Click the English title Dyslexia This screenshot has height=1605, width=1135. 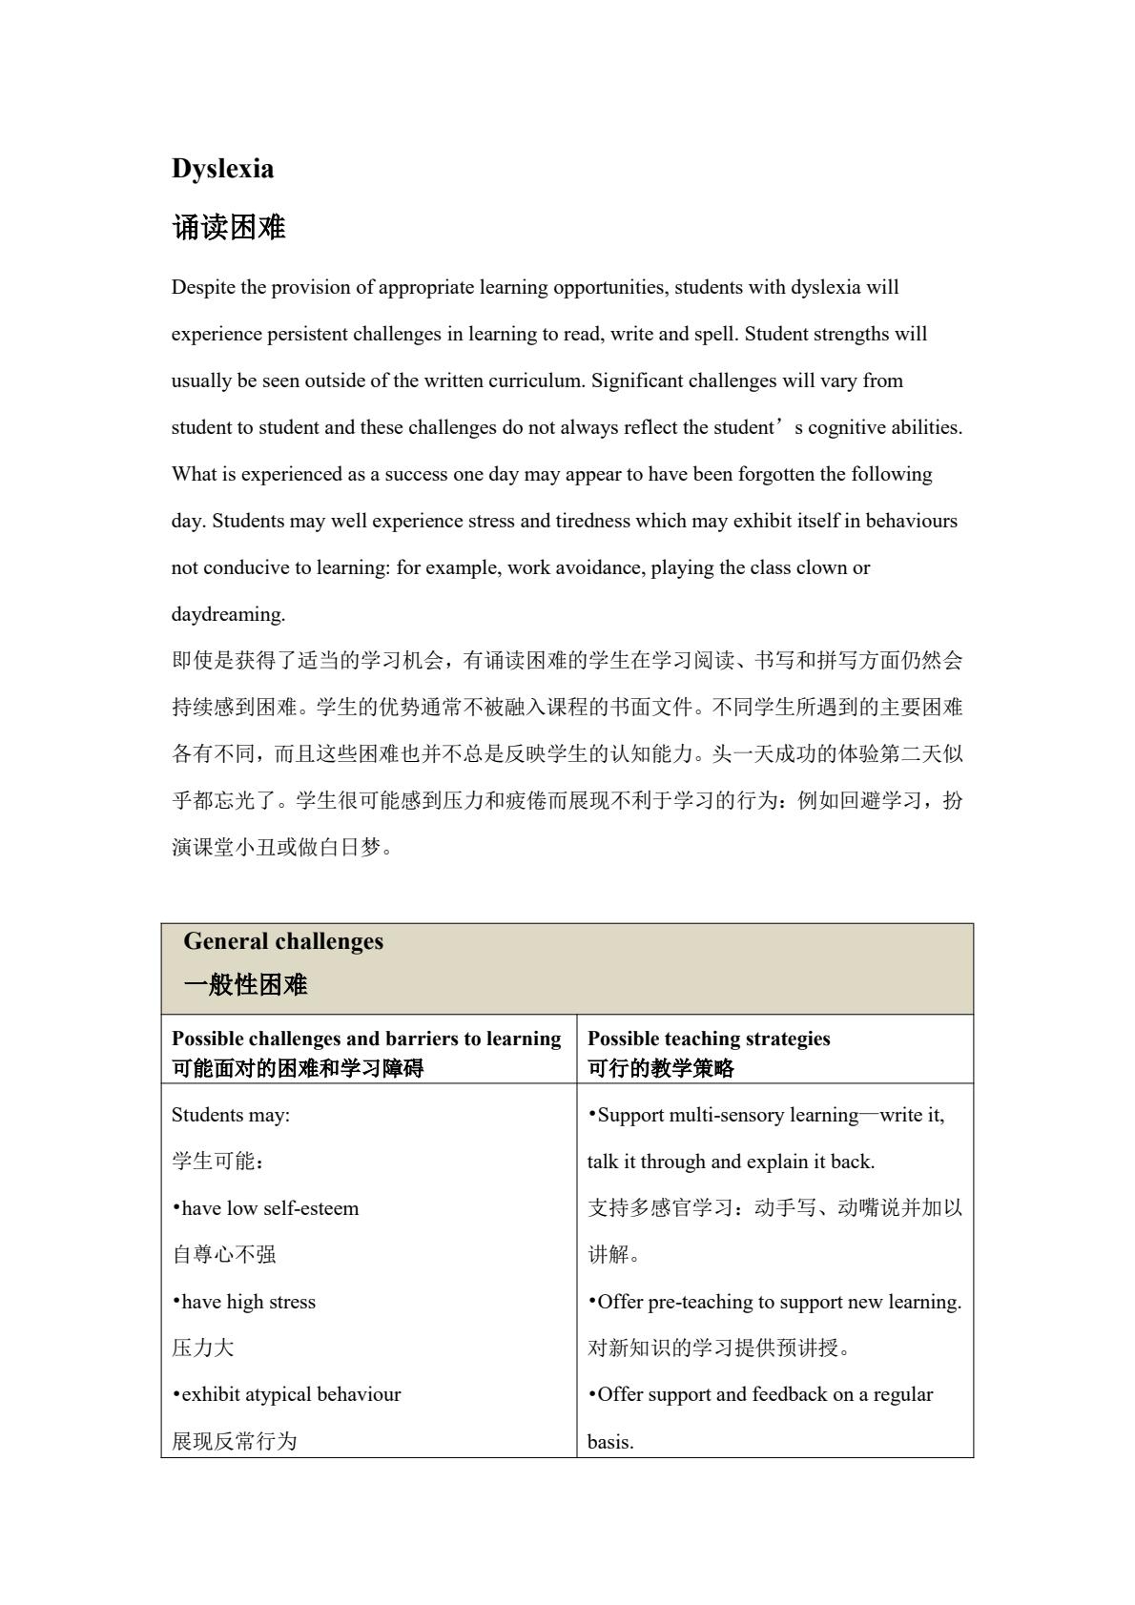(x=222, y=169)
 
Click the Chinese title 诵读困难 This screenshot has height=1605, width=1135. (x=229, y=228)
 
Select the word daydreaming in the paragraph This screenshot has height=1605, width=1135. (x=228, y=615)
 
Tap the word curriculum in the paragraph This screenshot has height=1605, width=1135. (x=534, y=381)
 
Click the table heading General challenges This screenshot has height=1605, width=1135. (x=283, y=942)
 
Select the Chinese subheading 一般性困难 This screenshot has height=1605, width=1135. (x=245, y=985)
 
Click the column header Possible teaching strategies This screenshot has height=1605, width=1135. (x=709, y=1039)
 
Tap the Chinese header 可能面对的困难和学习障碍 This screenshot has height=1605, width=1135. (x=298, y=1068)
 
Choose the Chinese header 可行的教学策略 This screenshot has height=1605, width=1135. (x=661, y=1068)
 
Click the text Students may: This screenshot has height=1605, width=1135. (x=231, y=1115)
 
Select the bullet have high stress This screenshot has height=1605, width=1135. (x=244, y=1302)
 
